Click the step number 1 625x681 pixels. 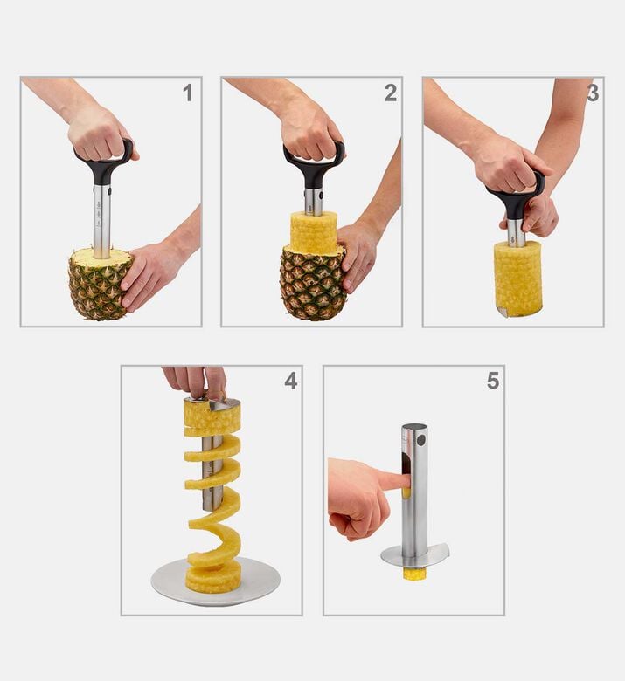pyautogui.click(x=187, y=93)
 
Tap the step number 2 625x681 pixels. pyautogui.click(x=390, y=93)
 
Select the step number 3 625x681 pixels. pyautogui.click(x=593, y=93)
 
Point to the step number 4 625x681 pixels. pyautogui.click(x=290, y=381)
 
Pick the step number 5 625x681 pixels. pyautogui.click(x=493, y=381)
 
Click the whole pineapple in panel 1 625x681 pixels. pyautogui.click(x=100, y=285)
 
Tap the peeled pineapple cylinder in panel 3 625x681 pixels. pyautogui.click(x=517, y=279)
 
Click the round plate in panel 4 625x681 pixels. pyautogui.click(x=216, y=583)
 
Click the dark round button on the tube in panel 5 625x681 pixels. pyautogui.click(x=420, y=440)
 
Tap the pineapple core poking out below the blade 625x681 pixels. pyautogui.click(x=412, y=574)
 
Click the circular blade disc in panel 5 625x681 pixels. pyautogui.click(x=415, y=556)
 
